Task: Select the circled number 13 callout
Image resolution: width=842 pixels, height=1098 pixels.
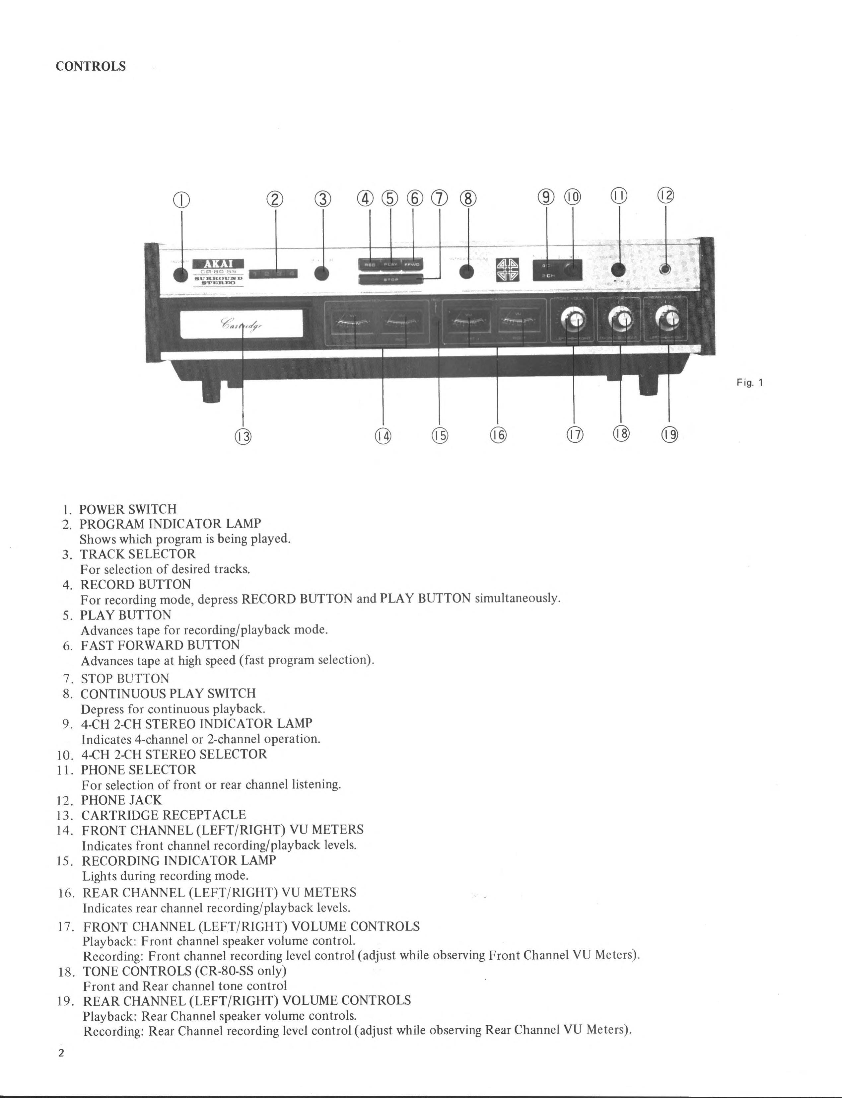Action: tap(243, 436)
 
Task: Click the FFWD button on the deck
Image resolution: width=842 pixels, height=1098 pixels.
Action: tap(412, 264)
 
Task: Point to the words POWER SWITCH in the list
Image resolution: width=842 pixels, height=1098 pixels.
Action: tap(128, 509)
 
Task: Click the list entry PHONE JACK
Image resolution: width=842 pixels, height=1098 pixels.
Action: tap(122, 800)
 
